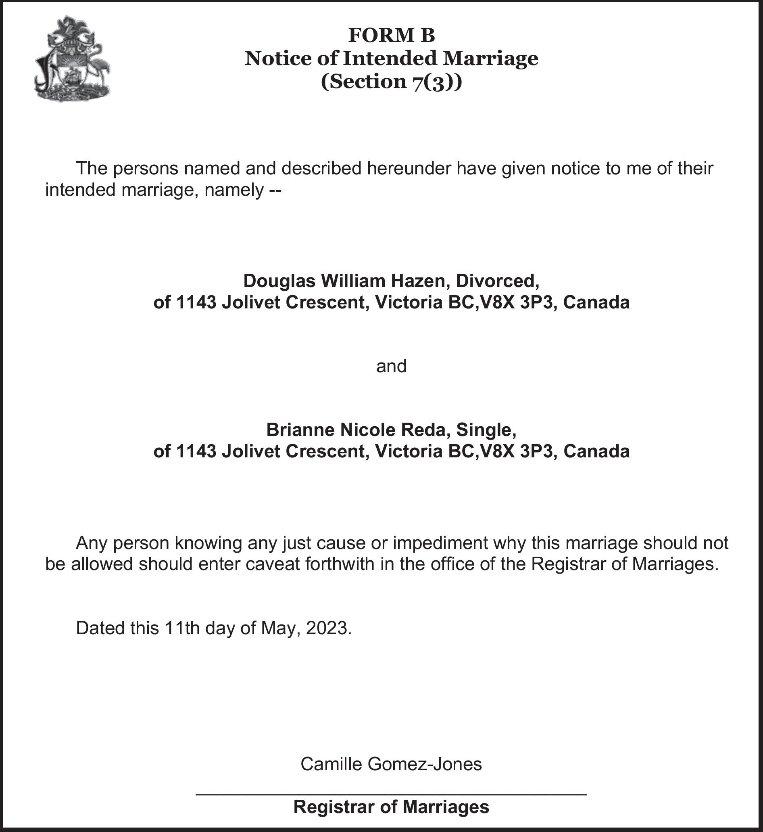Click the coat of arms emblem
click(x=73, y=59)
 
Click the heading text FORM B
click(x=392, y=35)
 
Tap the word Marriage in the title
click(x=490, y=58)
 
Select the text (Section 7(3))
click(x=392, y=82)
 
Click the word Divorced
click(x=497, y=281)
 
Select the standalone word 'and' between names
click(x=392, y=366)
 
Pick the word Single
click(x=486, y=430)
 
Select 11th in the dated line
click(x=181, y=628)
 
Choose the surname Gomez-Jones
click(x=424, y=764)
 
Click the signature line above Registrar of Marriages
click(x=392, y=794)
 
